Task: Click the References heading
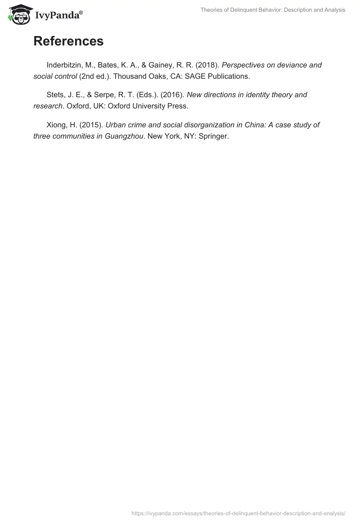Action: tap(68, 41)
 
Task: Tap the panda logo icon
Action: tap(18, 14)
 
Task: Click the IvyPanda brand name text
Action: tap(58, 15)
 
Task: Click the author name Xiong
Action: tap(57, 125)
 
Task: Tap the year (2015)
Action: tap(91, 125)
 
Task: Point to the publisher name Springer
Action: tap(212, 136)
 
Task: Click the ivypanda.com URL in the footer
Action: tap(238, 513)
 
